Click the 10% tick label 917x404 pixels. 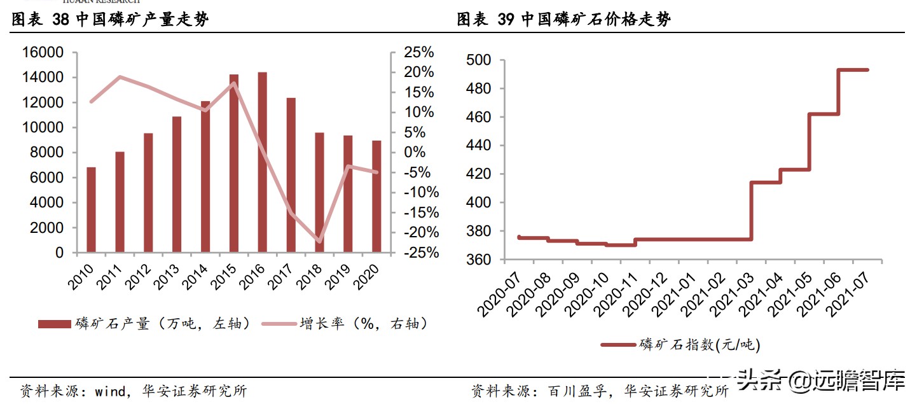click(x=420, y=113)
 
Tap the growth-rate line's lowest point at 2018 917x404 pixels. click(x=319, y=242)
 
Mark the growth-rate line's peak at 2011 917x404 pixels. click(x=120, y=77)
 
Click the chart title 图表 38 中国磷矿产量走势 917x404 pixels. click(x=111, y=20)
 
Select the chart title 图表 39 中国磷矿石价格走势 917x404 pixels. click(x=563, y=20)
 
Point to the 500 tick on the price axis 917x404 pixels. click(x=479, y=60)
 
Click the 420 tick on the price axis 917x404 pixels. click(x=479, y=174)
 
